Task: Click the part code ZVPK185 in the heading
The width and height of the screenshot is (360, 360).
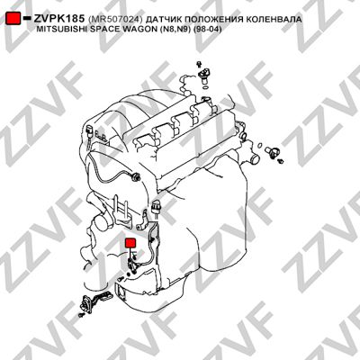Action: tap(58, 19)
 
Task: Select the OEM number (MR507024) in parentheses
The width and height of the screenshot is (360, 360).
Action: tap(115, 20)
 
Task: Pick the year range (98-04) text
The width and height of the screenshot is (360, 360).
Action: tap(207, 30)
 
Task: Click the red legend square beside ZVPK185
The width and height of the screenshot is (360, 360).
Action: tap(13, 18)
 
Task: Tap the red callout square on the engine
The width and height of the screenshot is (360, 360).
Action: tap(130, 243)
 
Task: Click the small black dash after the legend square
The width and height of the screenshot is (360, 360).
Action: tap(27, 18)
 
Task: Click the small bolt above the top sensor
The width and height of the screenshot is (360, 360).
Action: tap(198, 64)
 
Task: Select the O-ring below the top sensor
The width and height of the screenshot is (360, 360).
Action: tap(205, 87)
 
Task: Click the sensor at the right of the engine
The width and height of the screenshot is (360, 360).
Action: tap(273, 151)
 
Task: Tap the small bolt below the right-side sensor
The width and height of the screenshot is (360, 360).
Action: tap(281, 161)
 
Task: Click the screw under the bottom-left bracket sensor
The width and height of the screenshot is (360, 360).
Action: tap(81, 315)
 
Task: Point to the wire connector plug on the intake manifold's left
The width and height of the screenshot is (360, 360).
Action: tap(90, 131)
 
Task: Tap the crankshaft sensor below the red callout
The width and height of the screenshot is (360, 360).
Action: tap(132, 265)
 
